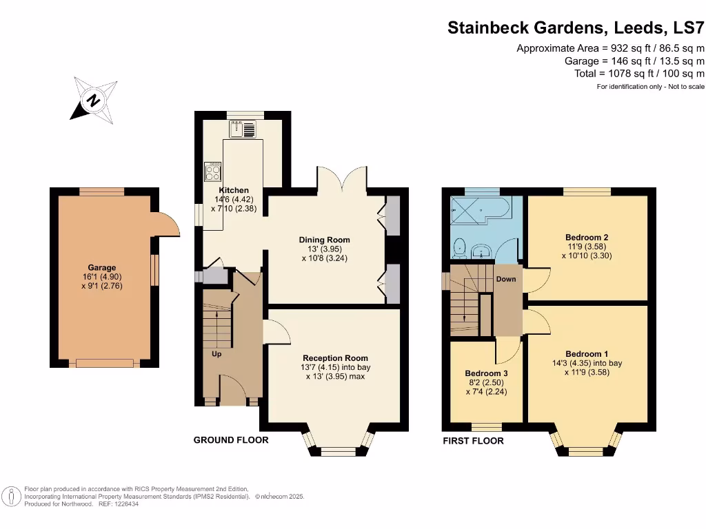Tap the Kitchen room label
234,190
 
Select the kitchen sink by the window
244,128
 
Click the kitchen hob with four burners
212,172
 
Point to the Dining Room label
321,240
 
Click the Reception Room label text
335,358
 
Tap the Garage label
101,268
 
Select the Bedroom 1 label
587,353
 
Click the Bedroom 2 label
587,237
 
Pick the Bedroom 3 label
486,374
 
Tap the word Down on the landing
506,279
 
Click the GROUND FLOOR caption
231,440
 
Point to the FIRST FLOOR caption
473,441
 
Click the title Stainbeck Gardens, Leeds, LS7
576,28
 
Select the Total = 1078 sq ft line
639,74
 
